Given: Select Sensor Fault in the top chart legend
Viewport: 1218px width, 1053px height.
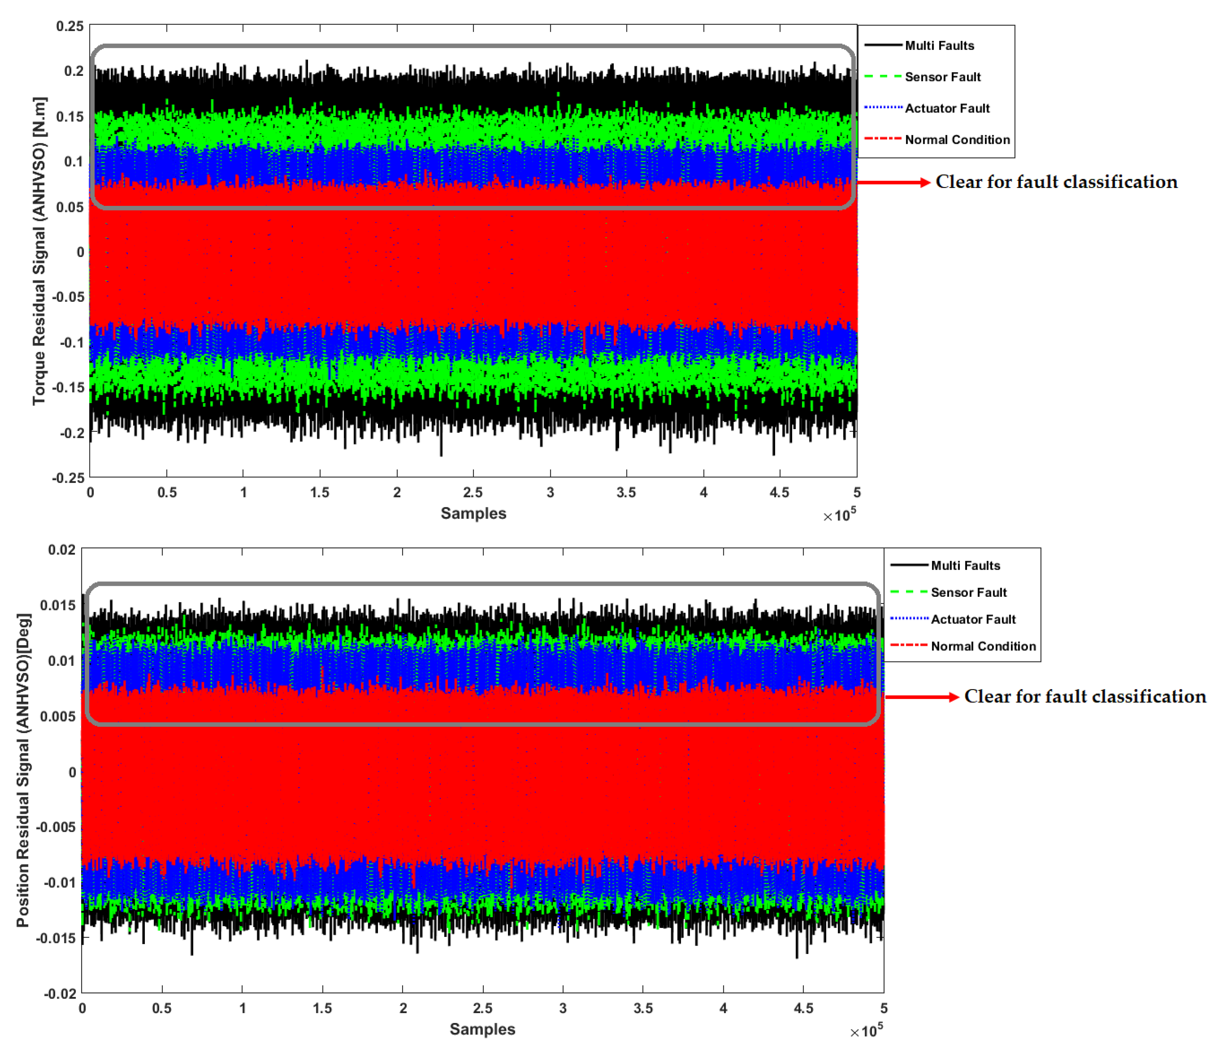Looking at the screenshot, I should [x=942, y=77].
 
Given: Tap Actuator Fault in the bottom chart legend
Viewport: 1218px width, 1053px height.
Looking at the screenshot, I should [x=973, y=619].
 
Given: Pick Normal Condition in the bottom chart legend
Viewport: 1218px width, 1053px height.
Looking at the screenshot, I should [x=983, y=646].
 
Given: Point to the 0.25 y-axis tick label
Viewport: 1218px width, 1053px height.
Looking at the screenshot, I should [x=70, y=26].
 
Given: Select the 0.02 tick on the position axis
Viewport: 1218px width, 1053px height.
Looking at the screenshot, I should [x=62, y=550].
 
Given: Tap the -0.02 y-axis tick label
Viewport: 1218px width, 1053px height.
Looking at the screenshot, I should [x=60, y=994].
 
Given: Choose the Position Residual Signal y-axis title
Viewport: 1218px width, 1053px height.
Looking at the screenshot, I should [x=23, y=770].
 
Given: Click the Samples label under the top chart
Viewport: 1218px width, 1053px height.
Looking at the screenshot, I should [x=473, y=513].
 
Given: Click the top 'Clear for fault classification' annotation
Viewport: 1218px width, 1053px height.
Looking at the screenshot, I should [x=1056, y=182].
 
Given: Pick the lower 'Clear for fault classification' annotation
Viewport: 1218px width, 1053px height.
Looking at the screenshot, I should [x=1084, y=697].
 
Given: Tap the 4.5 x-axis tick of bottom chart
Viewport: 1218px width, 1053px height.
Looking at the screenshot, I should [x=803, y=1008].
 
